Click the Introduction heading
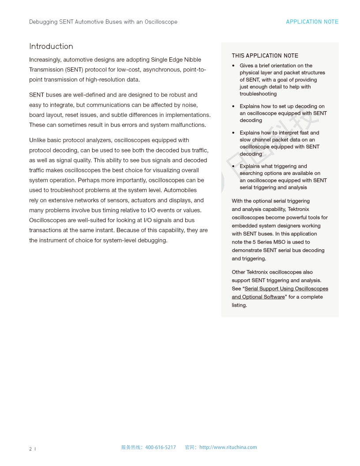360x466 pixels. point(51,46)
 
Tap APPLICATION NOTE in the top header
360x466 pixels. point(312,22)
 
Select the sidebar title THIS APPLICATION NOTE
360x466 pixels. point(265,56)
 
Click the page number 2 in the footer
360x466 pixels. point(30,449)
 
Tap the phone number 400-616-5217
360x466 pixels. point(160,447)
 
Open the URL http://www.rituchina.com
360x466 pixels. point(228,447)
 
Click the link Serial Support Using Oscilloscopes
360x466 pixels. point(286,289)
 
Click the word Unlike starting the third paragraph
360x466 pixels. point(38,140)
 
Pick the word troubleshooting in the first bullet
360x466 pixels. point(258,94)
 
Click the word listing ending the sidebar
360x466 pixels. point(239,305)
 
